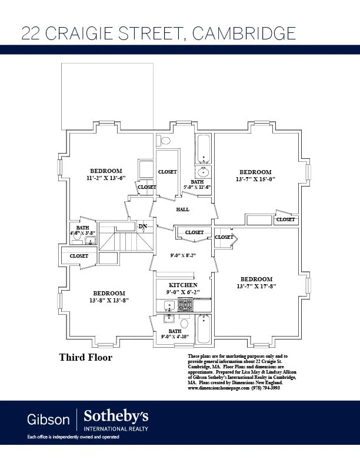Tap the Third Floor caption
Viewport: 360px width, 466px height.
tap(85, 357)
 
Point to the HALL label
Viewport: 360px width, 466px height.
tap(183, 209)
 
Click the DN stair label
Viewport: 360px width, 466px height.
tap(142, 227)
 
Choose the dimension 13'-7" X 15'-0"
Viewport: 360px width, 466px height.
tap(255, 179)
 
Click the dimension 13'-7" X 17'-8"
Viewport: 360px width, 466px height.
tap(256, 286)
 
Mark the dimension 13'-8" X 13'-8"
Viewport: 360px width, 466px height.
tap(109, 300)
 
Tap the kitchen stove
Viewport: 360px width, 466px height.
tap(185, 305)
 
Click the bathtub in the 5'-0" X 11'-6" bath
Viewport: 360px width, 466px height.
tap(204, 149)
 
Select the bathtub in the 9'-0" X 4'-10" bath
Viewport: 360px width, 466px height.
tap(204, 329)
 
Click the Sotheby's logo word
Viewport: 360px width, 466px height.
tap(115, 417)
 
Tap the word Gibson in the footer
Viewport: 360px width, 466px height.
tap(48, 420)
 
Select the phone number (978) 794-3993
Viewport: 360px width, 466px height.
tap(266, 388)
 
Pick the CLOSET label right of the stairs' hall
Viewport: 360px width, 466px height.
tap(194, 232)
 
